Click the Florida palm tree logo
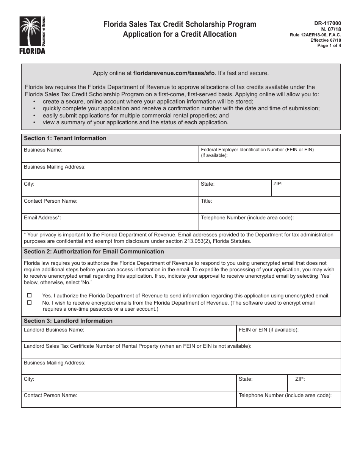[x=32, y=35]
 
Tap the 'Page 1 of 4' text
[x=329, y=45]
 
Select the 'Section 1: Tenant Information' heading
[x=65, y=138]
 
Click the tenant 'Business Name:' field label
[x=43, y=150]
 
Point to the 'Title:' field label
[x=207, y=201]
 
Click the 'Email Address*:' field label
[x=42, y=217]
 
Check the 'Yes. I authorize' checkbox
[x=29, y=296]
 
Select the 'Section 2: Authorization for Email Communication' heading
[x=94, y=252]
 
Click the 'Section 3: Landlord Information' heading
[x=68, y=321]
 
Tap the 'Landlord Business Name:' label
[x=54, y=330]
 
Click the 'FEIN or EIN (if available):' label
[x=268, y=330]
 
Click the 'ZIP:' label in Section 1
[x=277, y=184]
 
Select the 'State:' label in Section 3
[x=246, y=379]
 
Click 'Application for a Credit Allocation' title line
[x=180, y=34]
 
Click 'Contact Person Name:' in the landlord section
[x=50, y=395]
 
